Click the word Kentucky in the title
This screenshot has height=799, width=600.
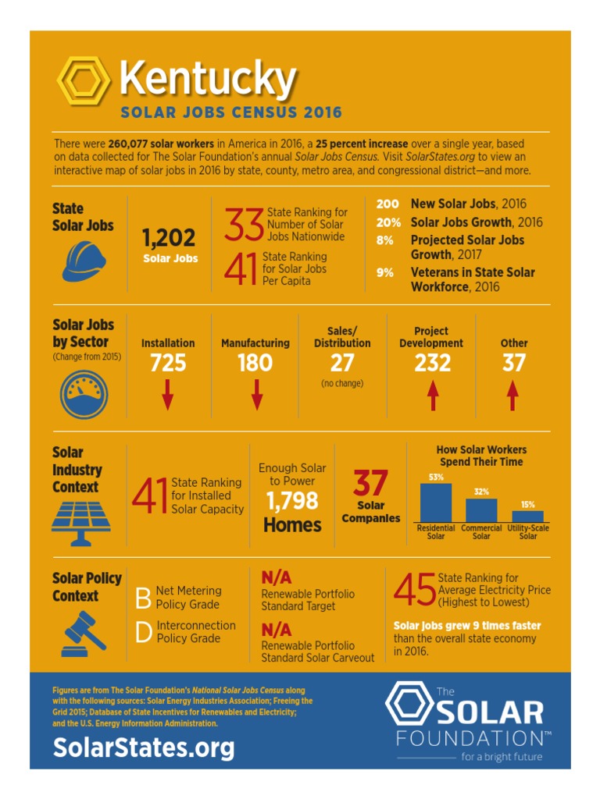207,79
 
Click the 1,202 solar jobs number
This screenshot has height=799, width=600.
169,237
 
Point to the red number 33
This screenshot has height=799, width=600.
243,225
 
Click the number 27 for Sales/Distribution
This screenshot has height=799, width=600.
342,363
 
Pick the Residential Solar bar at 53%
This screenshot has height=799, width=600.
436,502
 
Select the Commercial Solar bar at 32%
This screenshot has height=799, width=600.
481,510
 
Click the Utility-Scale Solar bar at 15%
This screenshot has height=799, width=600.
527,516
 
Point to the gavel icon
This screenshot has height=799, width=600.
83,634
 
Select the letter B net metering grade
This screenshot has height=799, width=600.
143,598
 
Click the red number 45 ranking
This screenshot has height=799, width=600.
415,591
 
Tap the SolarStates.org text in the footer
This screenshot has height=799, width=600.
144,748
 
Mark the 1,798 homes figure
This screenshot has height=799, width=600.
292,501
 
